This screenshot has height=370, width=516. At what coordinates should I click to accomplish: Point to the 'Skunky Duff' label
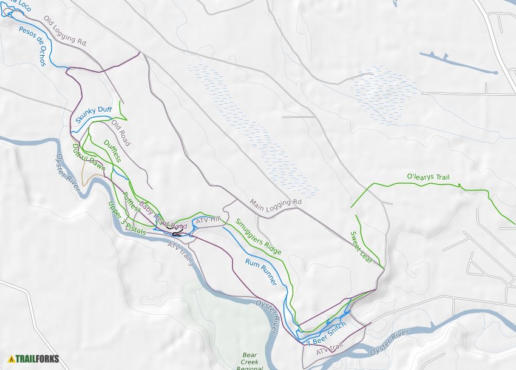(94, 112)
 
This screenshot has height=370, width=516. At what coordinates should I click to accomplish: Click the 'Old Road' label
(121, 133)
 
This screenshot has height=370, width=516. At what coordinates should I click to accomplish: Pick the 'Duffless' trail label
(112, 152)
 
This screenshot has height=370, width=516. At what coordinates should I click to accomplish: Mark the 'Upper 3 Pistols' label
(126, 219)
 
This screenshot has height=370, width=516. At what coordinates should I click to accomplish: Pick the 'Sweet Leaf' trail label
(361, 246)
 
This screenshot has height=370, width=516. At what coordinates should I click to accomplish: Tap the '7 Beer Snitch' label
(327, 334)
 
